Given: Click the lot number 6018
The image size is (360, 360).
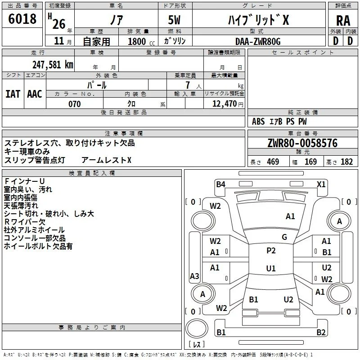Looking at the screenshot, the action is pos(22,19).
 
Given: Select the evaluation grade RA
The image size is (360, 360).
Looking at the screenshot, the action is pos(343,21).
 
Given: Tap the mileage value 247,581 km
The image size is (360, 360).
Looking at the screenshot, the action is pos(53,65).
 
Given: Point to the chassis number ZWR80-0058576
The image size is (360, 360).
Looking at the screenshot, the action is pos(302,143).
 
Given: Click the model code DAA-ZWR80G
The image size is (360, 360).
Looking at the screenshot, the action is pos(258,41).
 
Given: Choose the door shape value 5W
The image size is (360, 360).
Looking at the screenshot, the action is pos(174,20).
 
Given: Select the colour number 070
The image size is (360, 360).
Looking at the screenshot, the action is pos(74,104).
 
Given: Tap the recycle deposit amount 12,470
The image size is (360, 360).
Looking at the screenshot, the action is pos(225,104).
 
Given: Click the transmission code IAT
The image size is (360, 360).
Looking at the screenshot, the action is pos(13,94).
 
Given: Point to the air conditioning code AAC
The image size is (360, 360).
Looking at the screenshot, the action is pos(35,94).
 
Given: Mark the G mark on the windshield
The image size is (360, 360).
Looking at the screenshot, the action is pos(284,237).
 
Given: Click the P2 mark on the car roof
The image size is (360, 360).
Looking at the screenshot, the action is pos(271,251).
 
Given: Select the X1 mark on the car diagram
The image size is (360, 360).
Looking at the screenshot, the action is pos(321,184).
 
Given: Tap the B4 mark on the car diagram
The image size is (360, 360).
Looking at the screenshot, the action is pos(220,184).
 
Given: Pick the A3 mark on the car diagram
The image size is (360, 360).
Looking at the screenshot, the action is pos(194,276).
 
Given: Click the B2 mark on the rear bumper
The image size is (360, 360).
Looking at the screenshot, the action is pos(321,332).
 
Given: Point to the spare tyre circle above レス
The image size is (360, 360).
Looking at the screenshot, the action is pos(197,328).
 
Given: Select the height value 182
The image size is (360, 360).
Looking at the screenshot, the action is pos(346,162).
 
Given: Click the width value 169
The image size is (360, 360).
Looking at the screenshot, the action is pos(310,162).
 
